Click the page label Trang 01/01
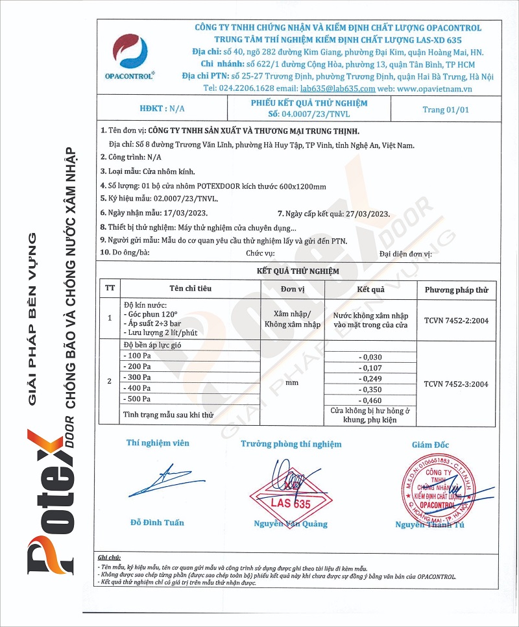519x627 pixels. pos(445,110)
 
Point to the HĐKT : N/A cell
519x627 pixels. pos(162,109)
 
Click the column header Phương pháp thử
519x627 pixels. pos(455,289)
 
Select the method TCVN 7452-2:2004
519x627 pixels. pos(455,319)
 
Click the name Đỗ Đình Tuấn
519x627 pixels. pos(157,522)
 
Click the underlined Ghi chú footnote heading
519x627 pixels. pos(109,558)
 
